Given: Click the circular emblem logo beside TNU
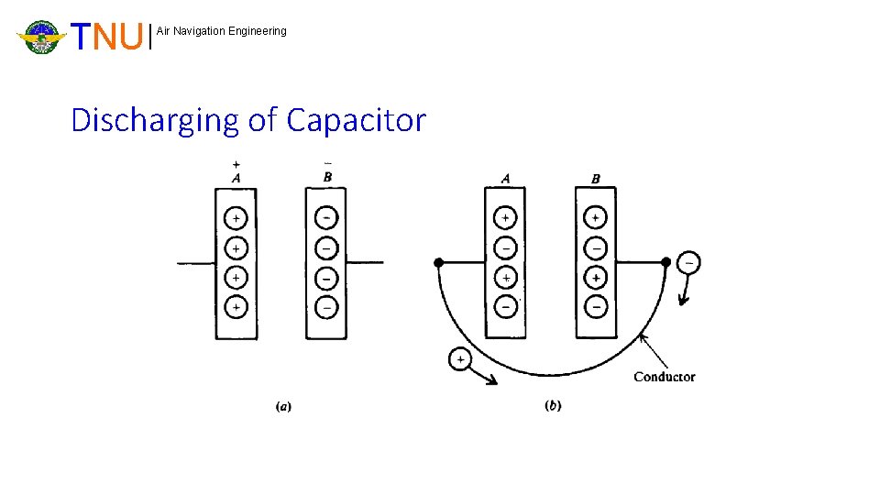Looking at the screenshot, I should (41, 38).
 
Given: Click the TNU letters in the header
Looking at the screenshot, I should (109, 38).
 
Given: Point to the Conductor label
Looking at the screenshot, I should (664, 377).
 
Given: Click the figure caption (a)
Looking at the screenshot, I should (283, 405).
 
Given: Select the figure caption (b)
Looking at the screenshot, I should (553, 405).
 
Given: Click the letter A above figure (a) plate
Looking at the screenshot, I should (236, 178).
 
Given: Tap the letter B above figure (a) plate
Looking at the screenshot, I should (327, 177).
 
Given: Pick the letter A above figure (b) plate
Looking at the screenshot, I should (505, 178).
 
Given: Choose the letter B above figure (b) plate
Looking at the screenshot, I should (596, 178).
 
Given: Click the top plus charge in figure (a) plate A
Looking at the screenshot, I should (236, 218).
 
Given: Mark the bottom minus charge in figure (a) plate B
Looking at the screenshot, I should (327, 306).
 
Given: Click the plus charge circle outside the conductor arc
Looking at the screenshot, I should (460, 358).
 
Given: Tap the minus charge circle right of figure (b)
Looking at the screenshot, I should (688, 263).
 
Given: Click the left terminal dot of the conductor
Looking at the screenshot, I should (439, 263).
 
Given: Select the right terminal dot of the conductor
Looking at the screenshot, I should (665, 263).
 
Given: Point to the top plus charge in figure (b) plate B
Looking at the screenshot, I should (596, 218).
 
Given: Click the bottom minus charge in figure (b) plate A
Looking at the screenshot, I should (505, 306).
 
